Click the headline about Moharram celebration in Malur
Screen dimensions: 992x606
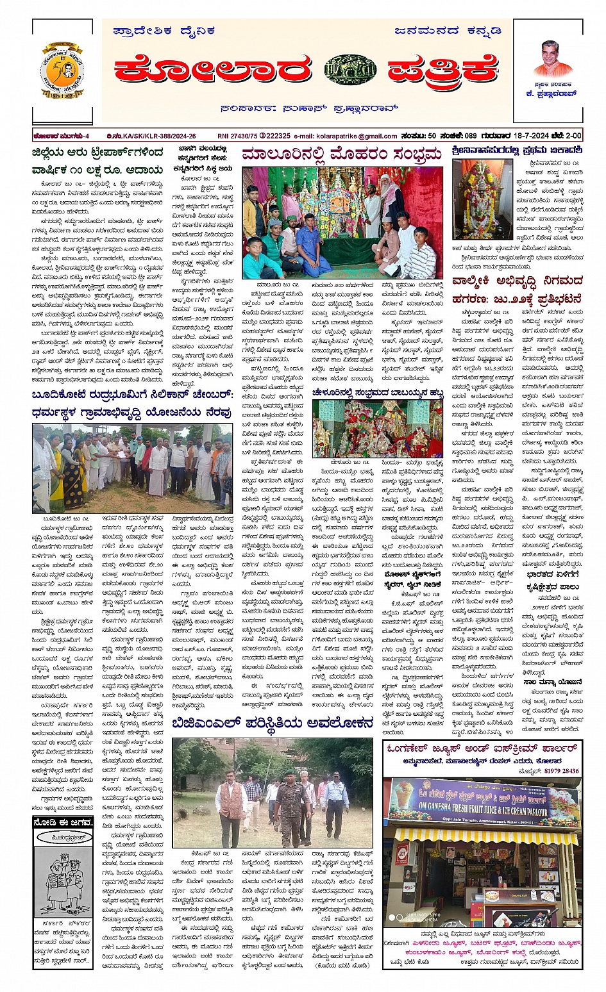341,154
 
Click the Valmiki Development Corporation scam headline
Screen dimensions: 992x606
516,289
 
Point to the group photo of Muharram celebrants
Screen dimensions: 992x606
342,222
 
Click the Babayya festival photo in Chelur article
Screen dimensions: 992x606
378,429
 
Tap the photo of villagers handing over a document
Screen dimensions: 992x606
131,467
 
